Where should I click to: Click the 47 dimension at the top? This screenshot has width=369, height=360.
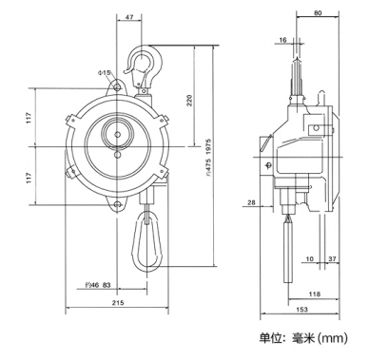pyautogui.click(x=129, y=17)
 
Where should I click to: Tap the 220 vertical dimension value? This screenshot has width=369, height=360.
pyautogui.click(x=189, y=101)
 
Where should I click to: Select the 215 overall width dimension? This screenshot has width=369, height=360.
pyautogui.click(x=118, y=303)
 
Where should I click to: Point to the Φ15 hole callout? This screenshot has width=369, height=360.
pyautogui.click(x=105, y=73)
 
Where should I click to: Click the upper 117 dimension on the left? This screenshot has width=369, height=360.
pyautogui.click(x=29, y=118)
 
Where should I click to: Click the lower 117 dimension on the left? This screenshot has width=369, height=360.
pyautogui.click(x=29, y=178)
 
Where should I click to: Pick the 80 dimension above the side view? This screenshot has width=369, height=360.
pyautogui.click(x=318, y=13)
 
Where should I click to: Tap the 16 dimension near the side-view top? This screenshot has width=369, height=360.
pyautogui.click(x=282, y=40)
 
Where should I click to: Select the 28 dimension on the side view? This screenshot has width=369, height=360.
pyautogui.click(x=251, y=202)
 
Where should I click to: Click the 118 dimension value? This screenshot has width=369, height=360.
pyautogui.click(x=315, y=294)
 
